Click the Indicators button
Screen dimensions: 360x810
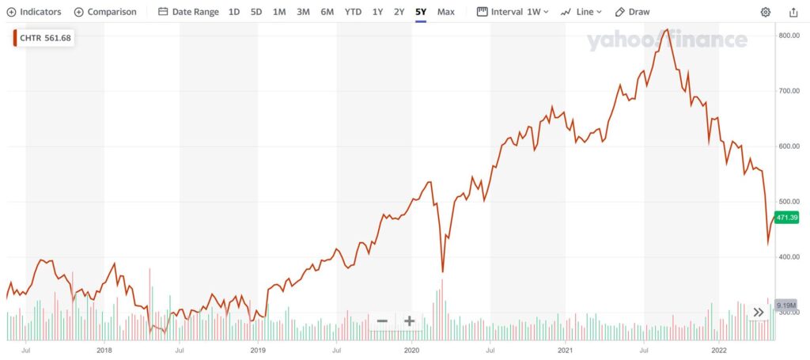[x=34, y=12]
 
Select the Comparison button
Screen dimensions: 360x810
[x=105, y=12]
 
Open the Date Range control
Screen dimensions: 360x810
[x=189, y=12]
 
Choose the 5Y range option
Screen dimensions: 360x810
[x=421, y=12]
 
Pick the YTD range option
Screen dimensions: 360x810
[x=353, y=12]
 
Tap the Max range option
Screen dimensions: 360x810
[x=445, y=12]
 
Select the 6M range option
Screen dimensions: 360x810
[x=327, y=12]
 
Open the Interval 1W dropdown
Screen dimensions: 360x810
[x=513, y=12]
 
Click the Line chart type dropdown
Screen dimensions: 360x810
[x=581, y=12]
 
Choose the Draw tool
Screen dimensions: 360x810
[x=633, y=12]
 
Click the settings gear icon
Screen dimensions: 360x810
[x=766, y=12]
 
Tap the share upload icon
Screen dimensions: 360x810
[x=793, y=12]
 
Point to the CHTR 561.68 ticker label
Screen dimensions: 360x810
[x=44, y=38]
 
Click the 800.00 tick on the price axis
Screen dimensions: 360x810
[x=790, y=36]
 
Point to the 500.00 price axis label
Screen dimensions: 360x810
[x=790, y=202]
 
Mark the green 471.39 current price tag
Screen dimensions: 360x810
[x=788, y=218]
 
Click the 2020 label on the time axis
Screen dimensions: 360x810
[x=411, y=349]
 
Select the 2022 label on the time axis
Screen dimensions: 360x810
[x=719, y=349]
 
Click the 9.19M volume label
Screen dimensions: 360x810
[x=786, y=305]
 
